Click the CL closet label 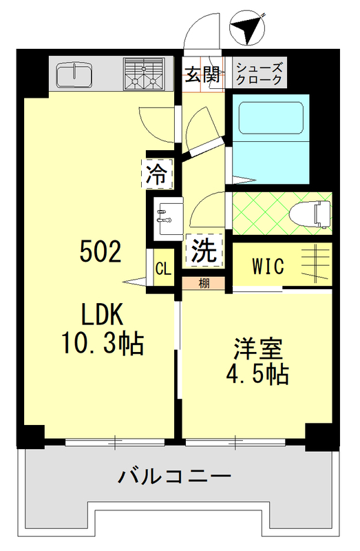[x=162, y=267]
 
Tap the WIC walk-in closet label [x=268, y=266]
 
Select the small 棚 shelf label [x=204, y=283]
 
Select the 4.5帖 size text [x=257, y=375]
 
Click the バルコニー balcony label [x=173, y=475]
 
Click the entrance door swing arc [x=202, y=31]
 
